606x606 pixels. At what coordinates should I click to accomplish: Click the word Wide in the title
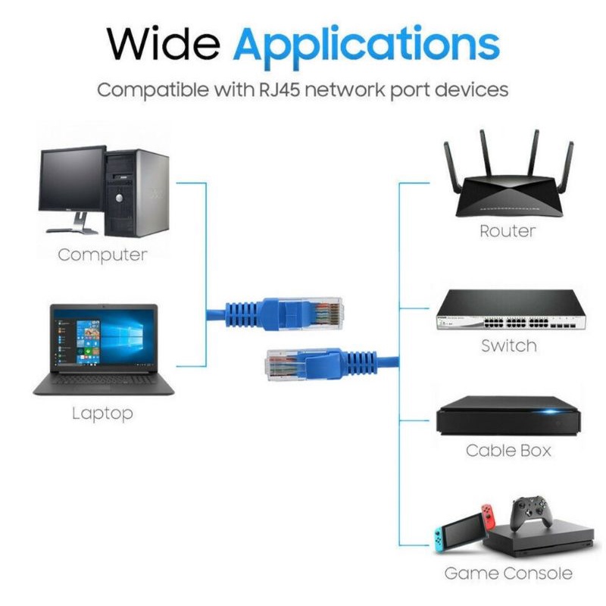pos(164,43)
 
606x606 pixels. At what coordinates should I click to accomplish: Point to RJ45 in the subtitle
pos(279,89)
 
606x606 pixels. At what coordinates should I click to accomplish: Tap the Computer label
pos(102,255)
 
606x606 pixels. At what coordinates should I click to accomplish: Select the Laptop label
pos(102,414)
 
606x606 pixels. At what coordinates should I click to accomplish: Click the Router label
pos(508,231)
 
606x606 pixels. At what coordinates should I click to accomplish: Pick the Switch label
pos(509,345)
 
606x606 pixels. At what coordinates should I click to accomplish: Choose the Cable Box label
pos(508,450)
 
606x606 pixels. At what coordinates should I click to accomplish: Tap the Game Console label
pos(508,573)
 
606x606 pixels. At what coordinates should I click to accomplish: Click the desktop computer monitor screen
pos(71,180)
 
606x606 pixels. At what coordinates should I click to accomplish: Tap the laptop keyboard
pos(104,380)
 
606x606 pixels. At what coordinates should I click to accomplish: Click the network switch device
pos(511,310)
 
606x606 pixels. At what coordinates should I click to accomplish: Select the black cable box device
pos(508,416)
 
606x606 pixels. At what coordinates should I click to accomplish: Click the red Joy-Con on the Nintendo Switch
pos(489,517)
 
